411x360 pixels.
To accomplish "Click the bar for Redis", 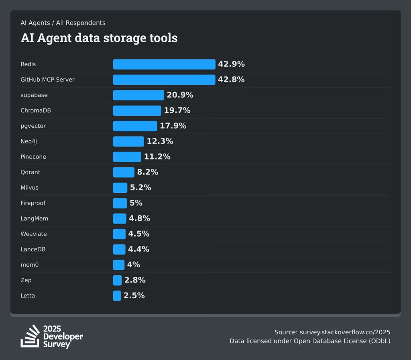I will [164, 64].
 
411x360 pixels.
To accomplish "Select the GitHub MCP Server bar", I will [164, 80].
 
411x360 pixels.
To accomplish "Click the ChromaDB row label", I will [36, 110].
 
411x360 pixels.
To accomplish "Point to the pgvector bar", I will [135, 126].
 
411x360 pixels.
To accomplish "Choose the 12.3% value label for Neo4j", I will [160, 141].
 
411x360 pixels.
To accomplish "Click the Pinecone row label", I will [33, 157].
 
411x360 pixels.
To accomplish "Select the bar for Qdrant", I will [124, 172].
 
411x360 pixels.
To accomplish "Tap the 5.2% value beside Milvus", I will [140, 188].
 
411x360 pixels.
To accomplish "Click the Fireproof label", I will [33, 203].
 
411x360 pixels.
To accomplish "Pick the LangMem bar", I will [120, 219].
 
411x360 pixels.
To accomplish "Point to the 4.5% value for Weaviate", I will [138, 234].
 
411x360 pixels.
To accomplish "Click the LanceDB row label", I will [33, 249].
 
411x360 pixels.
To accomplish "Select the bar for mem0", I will [119, 265].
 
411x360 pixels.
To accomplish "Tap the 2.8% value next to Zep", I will [135, 280].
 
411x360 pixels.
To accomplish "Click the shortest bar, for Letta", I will [117, 296].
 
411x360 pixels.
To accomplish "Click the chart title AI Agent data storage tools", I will [99, 38].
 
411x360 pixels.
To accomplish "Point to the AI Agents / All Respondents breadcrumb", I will [63, 23].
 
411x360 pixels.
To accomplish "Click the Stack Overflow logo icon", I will [31, 336].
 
